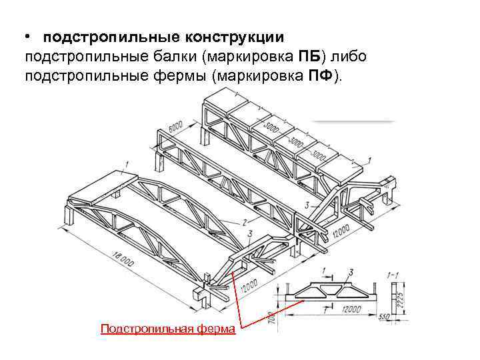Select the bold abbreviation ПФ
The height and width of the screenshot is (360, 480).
(x=321, y=75)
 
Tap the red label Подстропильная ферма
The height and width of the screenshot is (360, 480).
(x=167, y=329)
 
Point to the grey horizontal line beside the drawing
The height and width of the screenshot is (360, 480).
(x=353, y=121)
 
